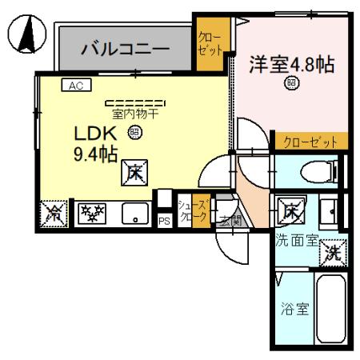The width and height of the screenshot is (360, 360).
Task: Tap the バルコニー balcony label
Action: (126, 49)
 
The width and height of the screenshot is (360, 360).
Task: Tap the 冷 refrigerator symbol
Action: (52, 214)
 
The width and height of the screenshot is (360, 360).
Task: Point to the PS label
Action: (164, 220)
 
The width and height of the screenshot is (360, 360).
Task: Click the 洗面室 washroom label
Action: (297, 239)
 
